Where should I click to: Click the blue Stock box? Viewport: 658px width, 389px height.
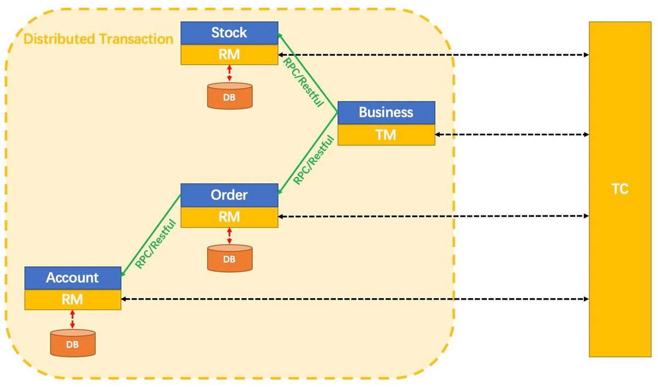click(x=229, y=33)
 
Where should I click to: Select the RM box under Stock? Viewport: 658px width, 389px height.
click(x=229, y=54)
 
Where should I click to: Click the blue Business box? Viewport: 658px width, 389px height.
click(x=386, y=112)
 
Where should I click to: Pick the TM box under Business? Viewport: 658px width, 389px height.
click(x=386, y=134)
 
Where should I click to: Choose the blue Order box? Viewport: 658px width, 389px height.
click(x=229, y=195)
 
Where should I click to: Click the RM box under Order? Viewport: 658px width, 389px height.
click(x=229, y=217)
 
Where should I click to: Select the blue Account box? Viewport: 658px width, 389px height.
click(x=72, y=278)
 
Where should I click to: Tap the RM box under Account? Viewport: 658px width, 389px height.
click(x=72, y=300)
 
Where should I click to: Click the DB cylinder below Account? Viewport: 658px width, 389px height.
click(x=72, y=342)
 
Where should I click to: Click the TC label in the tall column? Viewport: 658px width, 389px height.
click(x=620, y=190)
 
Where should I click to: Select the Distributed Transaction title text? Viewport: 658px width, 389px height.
click(x=99, y=39)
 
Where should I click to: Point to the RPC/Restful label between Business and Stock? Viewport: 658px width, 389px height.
click(x=303, y=82)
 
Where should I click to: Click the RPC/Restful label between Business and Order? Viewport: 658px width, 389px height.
click(x=313, y=159)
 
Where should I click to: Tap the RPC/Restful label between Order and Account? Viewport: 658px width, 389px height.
click(x=155, y=243)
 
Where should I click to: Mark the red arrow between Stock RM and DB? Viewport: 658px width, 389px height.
click(x=229, y=73)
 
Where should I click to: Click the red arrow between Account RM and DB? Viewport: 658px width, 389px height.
click(x=72, y=319)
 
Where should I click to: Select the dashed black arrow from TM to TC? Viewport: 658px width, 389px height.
click(x=512, y=134)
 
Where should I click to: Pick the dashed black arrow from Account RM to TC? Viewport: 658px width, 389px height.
click(x=355, y=299)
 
